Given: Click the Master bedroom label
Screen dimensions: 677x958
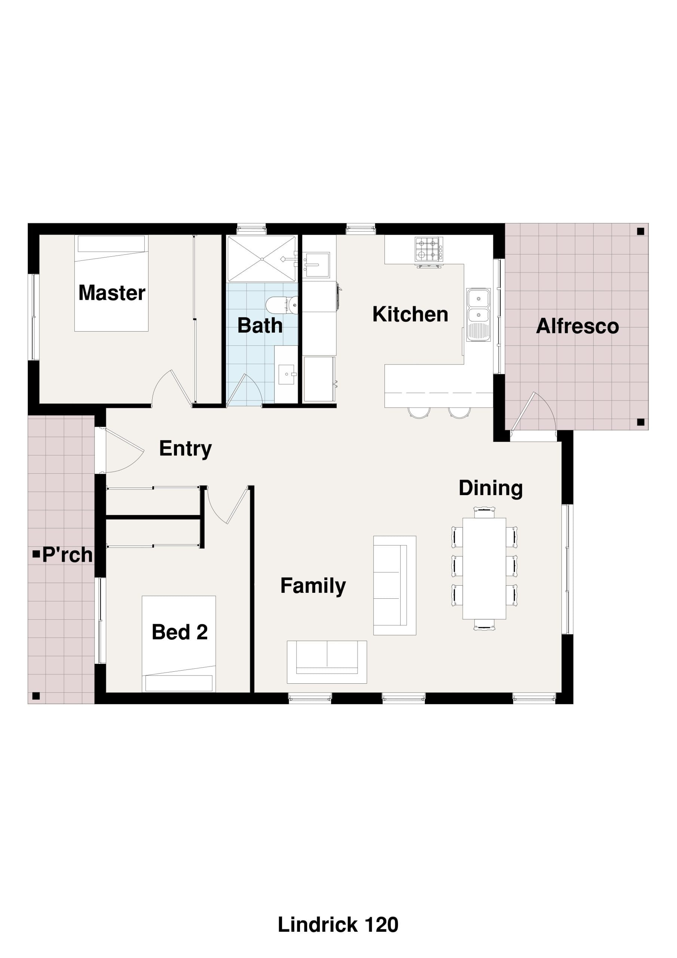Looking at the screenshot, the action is [x=112, y=293].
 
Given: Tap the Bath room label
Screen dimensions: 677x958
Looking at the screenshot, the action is [x=260, y=326].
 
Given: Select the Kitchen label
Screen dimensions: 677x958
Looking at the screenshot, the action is [x=410, y=314].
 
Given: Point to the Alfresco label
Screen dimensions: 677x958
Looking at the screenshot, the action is [x=577, y=326].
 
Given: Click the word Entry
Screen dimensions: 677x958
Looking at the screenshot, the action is [x=186, y=449].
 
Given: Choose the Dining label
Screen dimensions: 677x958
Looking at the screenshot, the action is [x=490, y=489].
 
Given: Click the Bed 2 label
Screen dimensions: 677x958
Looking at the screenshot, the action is [x=180, y=632].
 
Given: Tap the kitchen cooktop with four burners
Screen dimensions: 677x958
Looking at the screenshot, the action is [x=429, y=250].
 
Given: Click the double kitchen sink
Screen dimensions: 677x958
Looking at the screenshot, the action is [x=478, y=314].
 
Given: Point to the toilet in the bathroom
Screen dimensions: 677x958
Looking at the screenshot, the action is [x=282, y=305].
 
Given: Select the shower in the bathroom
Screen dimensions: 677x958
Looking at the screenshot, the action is [x=262, y=259].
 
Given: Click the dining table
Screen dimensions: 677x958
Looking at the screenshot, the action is [x=484, y=569].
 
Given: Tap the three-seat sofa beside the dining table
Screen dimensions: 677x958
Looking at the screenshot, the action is [x=395, y=585].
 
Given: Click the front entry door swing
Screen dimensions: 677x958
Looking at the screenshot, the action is [x=124, y=451].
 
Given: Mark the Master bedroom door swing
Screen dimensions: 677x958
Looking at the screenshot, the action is [x=171, y=388].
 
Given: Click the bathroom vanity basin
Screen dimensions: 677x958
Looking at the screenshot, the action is [x=286, y=374].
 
